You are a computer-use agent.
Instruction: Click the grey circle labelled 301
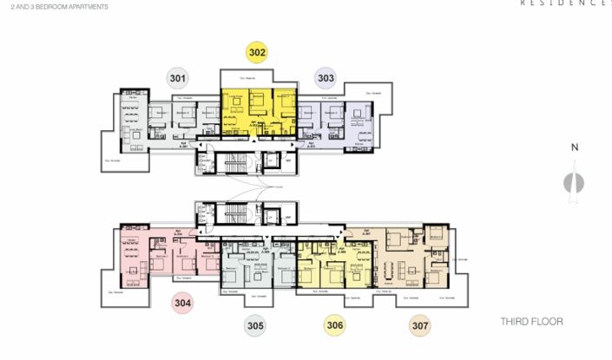pyautogui.click(x=178, y=79)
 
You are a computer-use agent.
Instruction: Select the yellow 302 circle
pyautogui.click(x=256, y=52)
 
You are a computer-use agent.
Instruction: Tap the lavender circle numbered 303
pyautogui.click(x=326, y=79)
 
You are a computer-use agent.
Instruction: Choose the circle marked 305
pyautogui.click(x=254, y=326)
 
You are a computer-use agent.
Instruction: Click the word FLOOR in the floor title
pyautogui.click(x=549, y=322)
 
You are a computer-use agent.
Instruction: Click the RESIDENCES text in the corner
pyautogui.click(x=564, y=3)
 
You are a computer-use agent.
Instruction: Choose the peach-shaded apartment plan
pyautogui.click(x=408, y=256)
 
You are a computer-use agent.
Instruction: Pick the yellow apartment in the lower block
pyautogui.click(x=334, y=260)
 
